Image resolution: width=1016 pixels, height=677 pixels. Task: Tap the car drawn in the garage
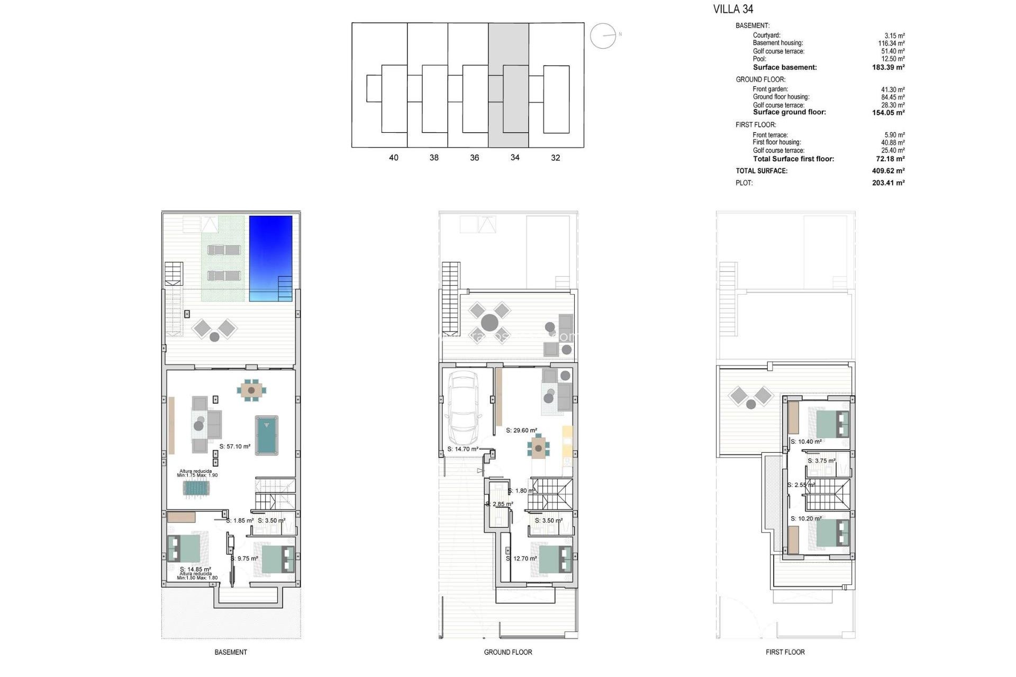(x=463, y=409)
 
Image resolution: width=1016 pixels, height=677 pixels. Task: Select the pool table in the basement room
(x=267, y=435)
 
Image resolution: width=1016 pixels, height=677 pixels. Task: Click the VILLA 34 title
(x=733, y=9)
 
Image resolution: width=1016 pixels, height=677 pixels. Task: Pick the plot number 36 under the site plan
(x=474, y=158)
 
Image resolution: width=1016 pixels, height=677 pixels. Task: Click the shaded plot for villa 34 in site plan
(x=508, y=85)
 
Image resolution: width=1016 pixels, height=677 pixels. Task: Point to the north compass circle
(x=603, y=36)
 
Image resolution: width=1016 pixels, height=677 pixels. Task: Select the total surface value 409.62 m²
(x=888, y=171)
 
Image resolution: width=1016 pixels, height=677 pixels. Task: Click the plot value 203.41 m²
(x=888, y=183)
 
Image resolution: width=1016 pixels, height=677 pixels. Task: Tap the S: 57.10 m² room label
(x=234, y=446)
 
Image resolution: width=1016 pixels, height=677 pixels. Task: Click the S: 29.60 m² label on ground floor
(x=521, y=431)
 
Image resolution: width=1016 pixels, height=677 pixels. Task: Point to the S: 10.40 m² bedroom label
(x=806, y=442)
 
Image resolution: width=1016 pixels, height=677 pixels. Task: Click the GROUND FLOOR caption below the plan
(x=508, y=652)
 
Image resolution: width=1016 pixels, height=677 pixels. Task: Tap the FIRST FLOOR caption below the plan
(x=785, y=652)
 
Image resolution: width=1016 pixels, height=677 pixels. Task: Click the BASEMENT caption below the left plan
(x=231, y=652)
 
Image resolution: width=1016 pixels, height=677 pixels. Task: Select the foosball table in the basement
(x=197, y=488)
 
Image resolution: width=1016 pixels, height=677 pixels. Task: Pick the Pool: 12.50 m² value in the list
(x=893, y=59)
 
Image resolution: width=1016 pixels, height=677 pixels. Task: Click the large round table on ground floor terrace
(x=489, y=322)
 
